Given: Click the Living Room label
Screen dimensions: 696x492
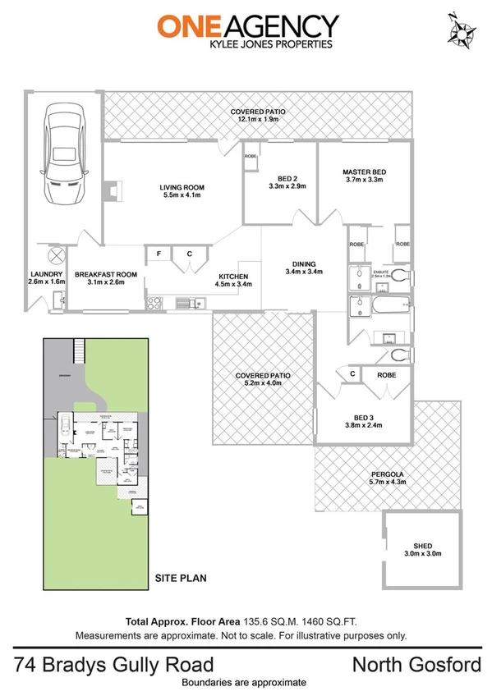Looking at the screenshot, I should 182,188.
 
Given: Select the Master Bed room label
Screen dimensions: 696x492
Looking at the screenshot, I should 364,172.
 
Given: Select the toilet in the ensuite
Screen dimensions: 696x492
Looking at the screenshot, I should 398,274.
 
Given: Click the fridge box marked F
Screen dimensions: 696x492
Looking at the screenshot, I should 159,254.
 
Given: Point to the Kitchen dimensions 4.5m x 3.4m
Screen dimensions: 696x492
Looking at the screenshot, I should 234,284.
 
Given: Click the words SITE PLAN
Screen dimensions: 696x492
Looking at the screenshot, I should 181,578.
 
